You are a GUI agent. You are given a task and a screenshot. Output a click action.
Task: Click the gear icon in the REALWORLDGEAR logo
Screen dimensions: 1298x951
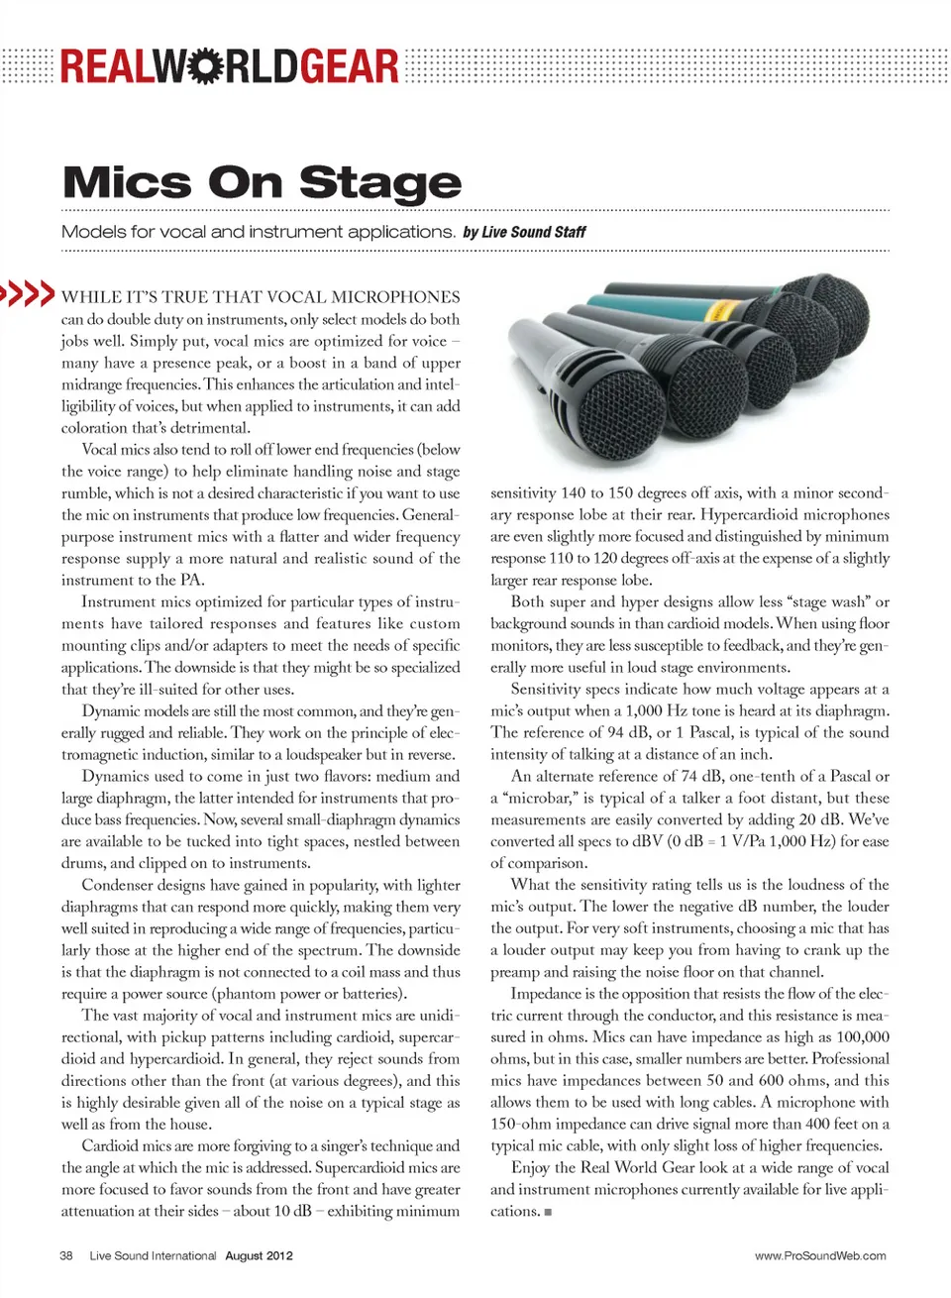[x=204, y=65]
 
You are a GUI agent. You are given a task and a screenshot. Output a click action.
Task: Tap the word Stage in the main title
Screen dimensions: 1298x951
[x=379, y=183]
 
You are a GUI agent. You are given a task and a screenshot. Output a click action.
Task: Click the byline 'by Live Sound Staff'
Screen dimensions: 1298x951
[x=524, y=232]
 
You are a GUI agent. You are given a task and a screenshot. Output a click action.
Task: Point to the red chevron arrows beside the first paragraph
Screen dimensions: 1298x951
[x=27, y=293]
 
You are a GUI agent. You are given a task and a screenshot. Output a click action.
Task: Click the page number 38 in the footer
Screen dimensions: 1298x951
[x=66, y=1255]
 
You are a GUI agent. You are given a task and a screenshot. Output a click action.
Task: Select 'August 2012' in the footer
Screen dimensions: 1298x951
[x=259, y=1255]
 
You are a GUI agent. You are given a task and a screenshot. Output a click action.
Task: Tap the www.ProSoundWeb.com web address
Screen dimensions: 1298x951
[x=820, y=1255]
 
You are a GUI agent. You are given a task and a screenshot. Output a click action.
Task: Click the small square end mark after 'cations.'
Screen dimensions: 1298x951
[x=548, y=1212]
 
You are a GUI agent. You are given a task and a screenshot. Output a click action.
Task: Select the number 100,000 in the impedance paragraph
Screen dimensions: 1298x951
[x=863, y=1037]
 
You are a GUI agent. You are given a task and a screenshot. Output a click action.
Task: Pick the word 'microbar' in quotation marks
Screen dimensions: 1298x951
[x=535, y=798]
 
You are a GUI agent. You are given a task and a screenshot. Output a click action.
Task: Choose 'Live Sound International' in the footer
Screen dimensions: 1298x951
[x=153, y=1255]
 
